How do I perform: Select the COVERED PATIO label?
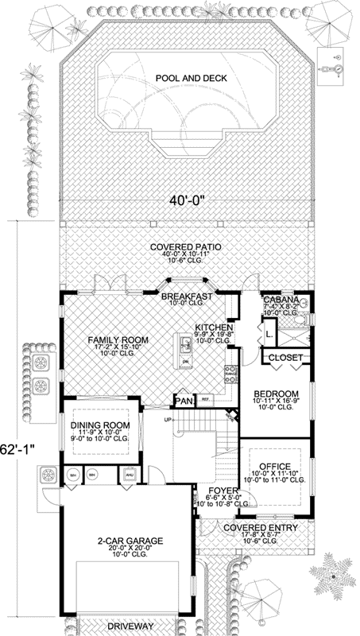click(x=186, y=247)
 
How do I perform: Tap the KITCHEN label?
click(x=214, y=327)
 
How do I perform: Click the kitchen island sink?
click(x=184, y=345)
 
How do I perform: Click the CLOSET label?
click(x=285, y=359)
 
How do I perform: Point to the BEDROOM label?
click(x=276, y=394)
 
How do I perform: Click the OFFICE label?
click(x=274, y=466)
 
